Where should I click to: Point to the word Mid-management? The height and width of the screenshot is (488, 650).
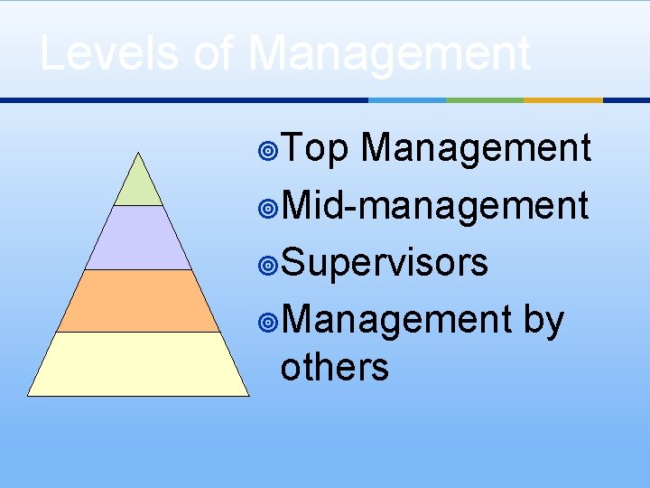[434, 205]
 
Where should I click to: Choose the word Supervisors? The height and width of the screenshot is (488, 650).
[385, 263]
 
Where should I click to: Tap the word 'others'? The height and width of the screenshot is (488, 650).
[334, 367]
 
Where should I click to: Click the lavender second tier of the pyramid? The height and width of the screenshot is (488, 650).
[138, 239]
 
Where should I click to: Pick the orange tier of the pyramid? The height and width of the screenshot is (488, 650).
[138, 301]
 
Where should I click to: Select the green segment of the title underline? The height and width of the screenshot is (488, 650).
[485, 99]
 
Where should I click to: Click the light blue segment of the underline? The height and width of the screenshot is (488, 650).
[407, 99]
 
